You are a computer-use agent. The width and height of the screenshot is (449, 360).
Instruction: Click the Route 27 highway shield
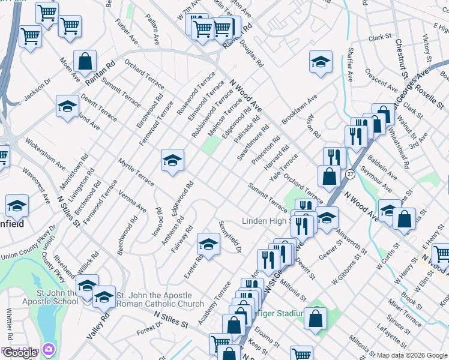(350, 173)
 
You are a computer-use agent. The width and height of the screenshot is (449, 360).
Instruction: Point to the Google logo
(20, 353)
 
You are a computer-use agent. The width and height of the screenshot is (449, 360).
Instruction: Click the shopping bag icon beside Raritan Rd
(86, 61)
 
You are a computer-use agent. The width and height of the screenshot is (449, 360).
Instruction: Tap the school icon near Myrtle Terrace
(172, 160)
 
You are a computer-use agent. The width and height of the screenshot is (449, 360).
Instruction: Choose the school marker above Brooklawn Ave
(321, 62)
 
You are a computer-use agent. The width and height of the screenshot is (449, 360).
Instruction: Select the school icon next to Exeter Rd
(208, 244)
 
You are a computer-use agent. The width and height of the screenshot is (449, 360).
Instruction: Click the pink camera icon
(47, 349)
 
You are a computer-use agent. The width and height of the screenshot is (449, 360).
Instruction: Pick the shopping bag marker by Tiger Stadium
(315, 318)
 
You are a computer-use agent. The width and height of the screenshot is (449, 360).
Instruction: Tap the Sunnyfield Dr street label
(230, 237)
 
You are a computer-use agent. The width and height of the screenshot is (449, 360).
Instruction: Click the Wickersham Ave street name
(45, 154)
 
